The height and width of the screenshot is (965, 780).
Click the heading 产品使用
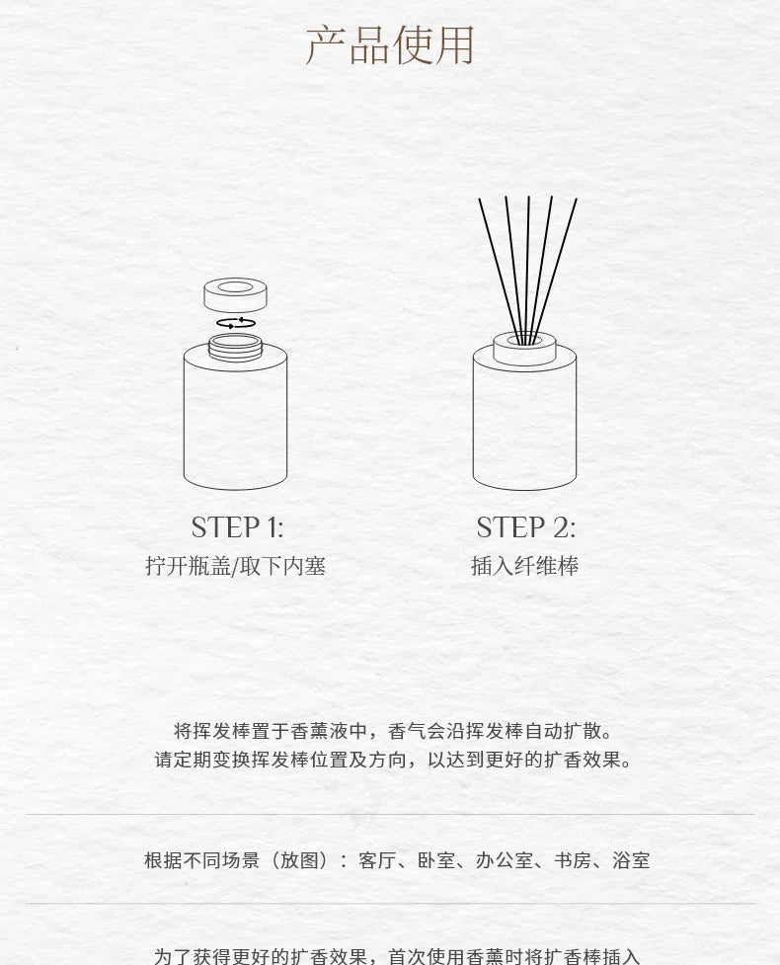click(x=390, y=44)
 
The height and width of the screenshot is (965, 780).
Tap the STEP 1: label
click(x=237, y=527)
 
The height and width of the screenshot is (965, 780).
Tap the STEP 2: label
click(x=526, y=527)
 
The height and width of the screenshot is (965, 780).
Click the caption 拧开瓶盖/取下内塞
click(x=236, y=566)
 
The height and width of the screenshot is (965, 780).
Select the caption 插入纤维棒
click(x=524, y=566)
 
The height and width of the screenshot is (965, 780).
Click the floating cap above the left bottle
click(x=236, y=295)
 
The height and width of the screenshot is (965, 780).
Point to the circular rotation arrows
click(x=236, y=322)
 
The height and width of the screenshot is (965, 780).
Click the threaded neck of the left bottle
click(x=236, y=347)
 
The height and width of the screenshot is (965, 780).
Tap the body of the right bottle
click(x=524, y=425)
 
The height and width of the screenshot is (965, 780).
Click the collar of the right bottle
click(x=524, y=350)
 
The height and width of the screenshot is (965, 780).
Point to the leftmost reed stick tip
click(x=479, y=199)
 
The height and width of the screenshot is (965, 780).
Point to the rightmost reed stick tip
click(x=577, y=199)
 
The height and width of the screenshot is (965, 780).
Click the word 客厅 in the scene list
click(x=377, y=859)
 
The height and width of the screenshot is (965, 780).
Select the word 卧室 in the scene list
click(x=436, y=859)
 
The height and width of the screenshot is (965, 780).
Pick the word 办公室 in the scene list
click(x=505, y=859)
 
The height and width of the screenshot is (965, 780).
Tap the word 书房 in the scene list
click(x=573, y=859)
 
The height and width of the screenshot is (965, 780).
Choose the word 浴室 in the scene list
click(x=631, y=859)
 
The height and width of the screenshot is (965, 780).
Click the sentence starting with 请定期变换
click(x=394, y=760)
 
